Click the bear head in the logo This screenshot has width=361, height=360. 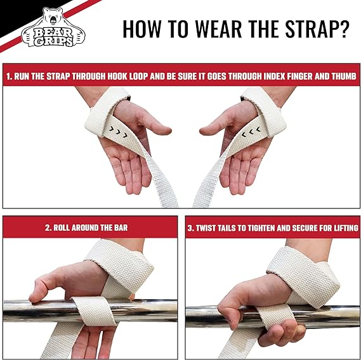click(x=53, y=17)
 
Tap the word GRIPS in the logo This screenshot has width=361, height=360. click(x=53, y=41)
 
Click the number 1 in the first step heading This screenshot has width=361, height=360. click(x=8, y=77)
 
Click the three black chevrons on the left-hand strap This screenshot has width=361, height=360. click(x=119, y=132)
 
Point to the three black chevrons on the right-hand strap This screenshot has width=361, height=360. click(x=251, y=132)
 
